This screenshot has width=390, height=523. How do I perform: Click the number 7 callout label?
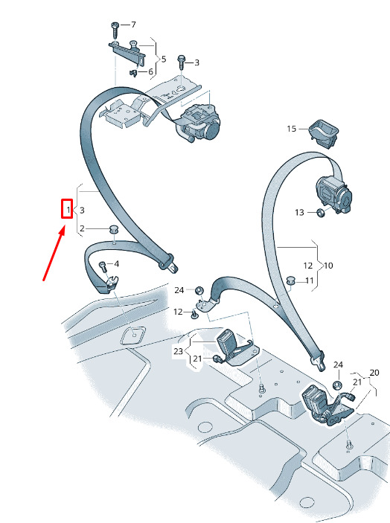pyautogui.click(x=133, y=25)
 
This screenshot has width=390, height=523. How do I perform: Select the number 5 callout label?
pyautogui.click(x=164, y=59)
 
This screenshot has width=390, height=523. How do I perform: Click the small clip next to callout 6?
pyautogui.click(x=133, y=72)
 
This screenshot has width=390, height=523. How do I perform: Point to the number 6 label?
pyautogui.click(x=150, y=71)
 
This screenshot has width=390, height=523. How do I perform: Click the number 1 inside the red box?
pyautogui.click(x=68, y=210)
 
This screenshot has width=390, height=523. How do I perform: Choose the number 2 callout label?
pyautogui.click(x=82, y=228)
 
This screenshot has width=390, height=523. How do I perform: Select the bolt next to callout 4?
pyautogui.click(x=103, y=268)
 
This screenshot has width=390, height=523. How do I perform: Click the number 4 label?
pyautogui.click(x=116, y=264)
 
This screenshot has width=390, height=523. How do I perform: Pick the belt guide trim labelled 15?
pyautogui.click(x=323, y=133)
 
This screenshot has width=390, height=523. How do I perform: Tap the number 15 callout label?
pyautogui.click(x=291, y=129)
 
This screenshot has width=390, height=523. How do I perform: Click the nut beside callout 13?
pyautogui.click(x=319, y=212)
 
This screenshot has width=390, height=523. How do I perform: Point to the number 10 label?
pyautogui.click(x=328, y=266)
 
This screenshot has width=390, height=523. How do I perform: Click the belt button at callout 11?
pyautogui.click(x=291, y=280)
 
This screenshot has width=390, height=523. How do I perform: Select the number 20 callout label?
pyautogui.click(x=374, y=372)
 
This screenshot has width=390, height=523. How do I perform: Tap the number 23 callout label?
pyautogui.click(x=178, y=351)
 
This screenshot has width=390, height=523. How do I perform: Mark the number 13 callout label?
pyautogui.click(x=299, y=212)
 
